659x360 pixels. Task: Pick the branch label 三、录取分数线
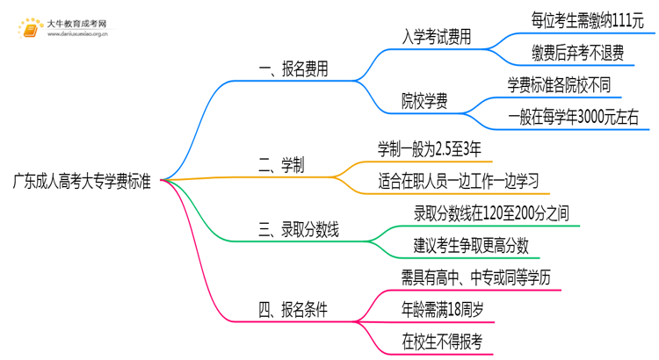pyautogui.click(x=299, y=231)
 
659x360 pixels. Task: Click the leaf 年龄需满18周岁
pyautogui.click(x=441, y=308)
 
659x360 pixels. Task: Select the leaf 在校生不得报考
pyautogui.click(x=441, y=340)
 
